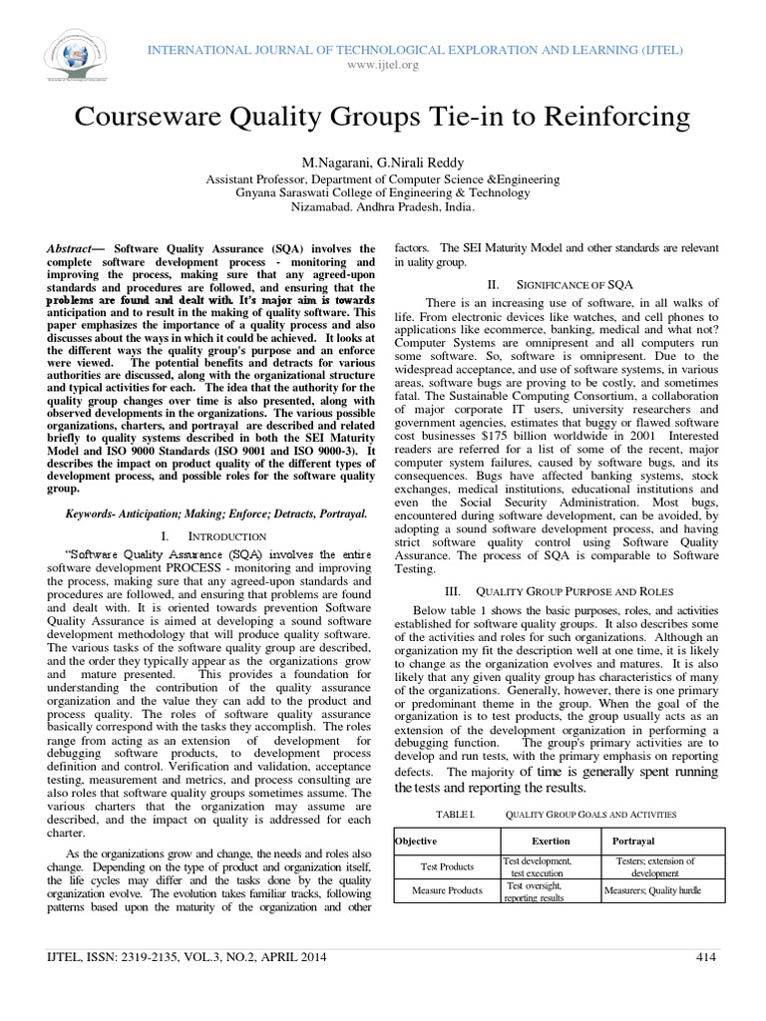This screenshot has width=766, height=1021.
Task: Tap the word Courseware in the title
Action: tap(147, 118)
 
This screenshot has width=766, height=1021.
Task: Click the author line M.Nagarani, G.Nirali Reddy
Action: tap(382, 163)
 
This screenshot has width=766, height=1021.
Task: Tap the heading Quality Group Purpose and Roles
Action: tap(560, 588)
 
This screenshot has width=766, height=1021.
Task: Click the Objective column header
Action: tap(417, 842)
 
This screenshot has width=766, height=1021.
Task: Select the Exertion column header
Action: tap(551, 842)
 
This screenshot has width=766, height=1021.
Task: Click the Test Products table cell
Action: tap(446, 866)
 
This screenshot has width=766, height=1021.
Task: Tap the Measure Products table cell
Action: tap(446, 890)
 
